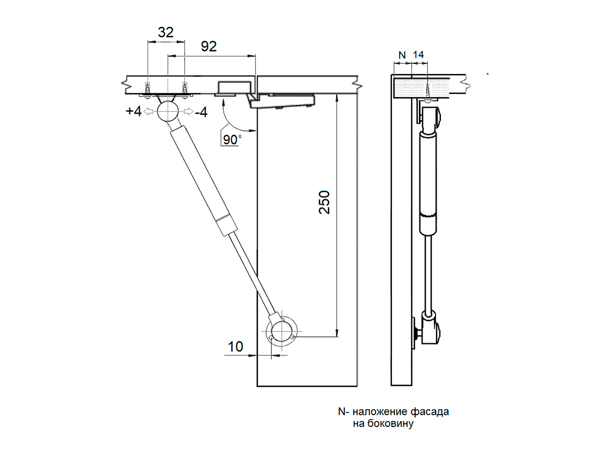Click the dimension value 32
pos(165,33)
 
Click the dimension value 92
pos(208,47)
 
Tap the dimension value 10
pos(235,347)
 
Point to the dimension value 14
pos(419,55)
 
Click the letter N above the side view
pos(402,55)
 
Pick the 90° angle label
pos(231,139)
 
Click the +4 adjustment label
pos(134,112)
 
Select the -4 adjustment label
pos(202,112)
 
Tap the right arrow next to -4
pos(187,112)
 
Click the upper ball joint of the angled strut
pos(169,112)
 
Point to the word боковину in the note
pos(391,424)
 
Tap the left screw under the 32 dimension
pos(147,89)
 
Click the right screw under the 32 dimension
pos(185,89)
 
